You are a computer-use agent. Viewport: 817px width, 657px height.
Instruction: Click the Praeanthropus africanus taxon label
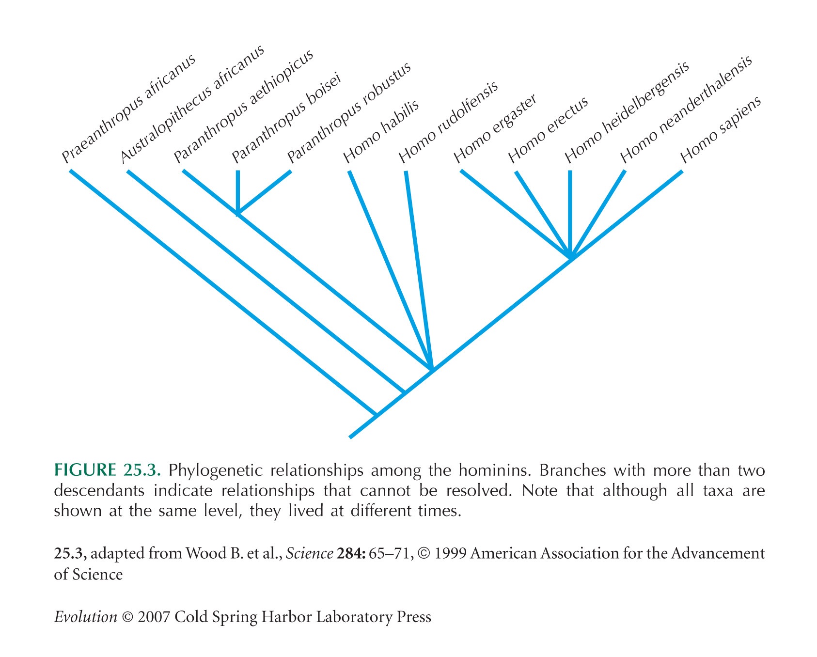pyautogui.click(x=128, y=109)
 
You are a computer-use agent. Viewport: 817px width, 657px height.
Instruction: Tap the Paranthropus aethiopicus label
pyautogui.click(x=244, y=106)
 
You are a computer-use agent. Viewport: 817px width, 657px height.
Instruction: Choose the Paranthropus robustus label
pyautogui.click(x=349, y=113)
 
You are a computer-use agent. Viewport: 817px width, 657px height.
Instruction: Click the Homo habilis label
pyautogui.click(x=381, y=132)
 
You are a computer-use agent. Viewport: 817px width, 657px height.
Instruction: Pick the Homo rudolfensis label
pyautogui.click(x=448, y=123)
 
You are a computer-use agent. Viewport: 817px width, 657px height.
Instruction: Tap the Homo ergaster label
pyautogui.click(x=495, y=128)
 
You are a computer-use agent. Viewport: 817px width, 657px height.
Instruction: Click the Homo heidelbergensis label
pyautogui.click(x=627, y=112)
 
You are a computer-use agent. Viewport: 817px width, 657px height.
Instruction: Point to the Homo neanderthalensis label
pyautogui.click(x=686, y=109)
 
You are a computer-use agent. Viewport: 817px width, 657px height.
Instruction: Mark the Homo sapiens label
pyautogui.click(x=721, y=130)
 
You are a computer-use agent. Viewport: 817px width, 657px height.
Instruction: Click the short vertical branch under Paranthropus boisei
pyautogui.click(x=237, y=192)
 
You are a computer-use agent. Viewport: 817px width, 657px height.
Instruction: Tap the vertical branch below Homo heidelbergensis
pyautogui.click(x=570, y=213)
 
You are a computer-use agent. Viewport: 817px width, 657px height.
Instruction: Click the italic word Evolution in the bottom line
pyautogui.click(x=86, y=617)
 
